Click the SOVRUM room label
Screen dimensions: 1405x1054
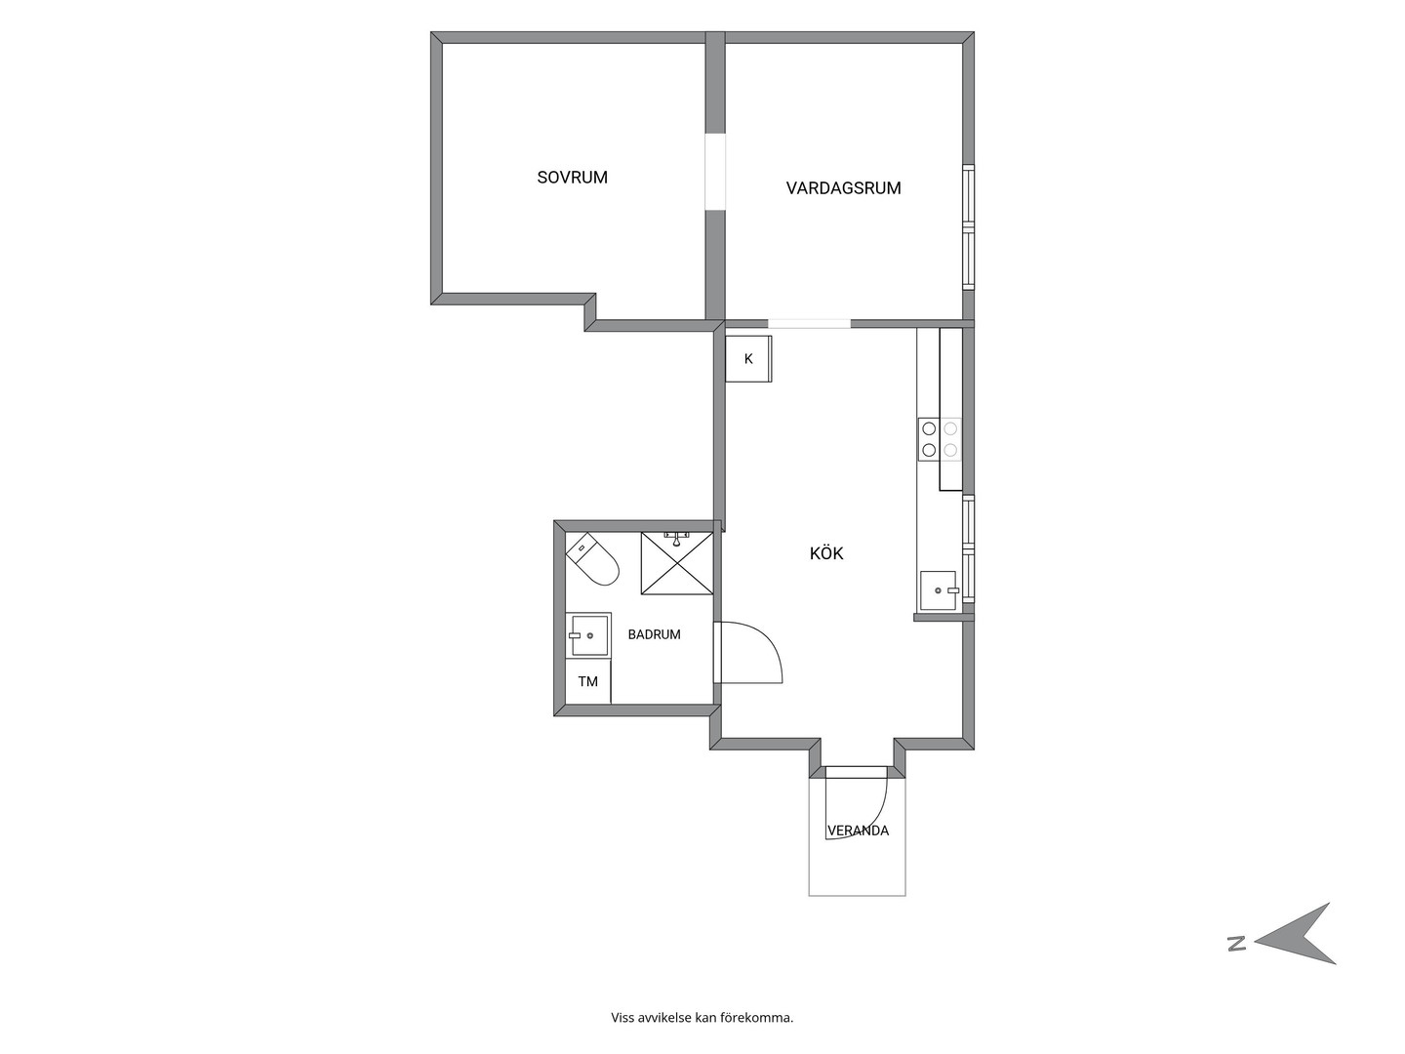(x=572, y=178)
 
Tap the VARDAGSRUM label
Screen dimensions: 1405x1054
(x=843, y=188)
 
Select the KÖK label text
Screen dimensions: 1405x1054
(x=826, y=553)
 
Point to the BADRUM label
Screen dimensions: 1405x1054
(x=654, y=634)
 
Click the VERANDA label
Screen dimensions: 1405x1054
(x=858, y=831)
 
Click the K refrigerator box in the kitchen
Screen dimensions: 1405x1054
(x=748, y=359)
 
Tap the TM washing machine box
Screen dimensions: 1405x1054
(x=587, y=681)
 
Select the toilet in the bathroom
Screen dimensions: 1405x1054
(x=591, y=559)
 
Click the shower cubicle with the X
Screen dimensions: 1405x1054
(x=676, y=563)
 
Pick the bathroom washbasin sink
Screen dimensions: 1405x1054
(x=588, y=634)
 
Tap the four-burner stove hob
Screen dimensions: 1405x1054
(x=939, y=439)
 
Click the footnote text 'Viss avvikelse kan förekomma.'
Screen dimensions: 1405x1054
(x=702, y=1018)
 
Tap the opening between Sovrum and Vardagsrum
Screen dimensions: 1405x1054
(x=715, y=172)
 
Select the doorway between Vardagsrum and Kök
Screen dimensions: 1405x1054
(x=809, y=324)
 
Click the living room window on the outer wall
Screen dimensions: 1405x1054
(x=969, y=226)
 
